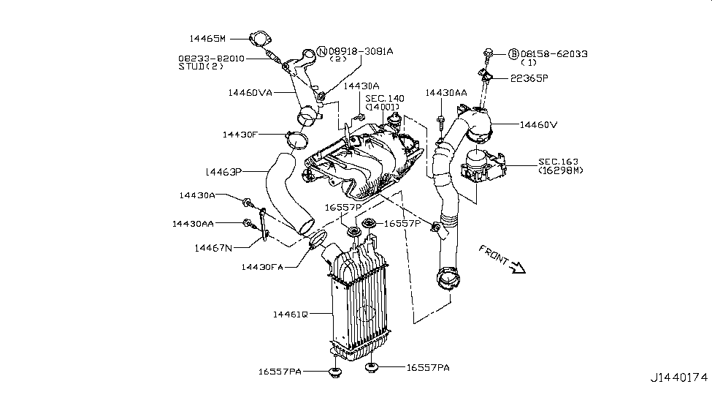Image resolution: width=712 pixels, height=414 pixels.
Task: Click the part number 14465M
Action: click(x=207, y=39)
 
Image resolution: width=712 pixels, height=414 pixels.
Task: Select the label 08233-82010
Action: click(x=211, y=59)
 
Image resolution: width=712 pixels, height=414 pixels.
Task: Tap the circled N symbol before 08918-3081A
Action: click(x=321, y=51)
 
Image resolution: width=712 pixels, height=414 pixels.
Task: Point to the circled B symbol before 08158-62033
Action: click(x=513, y=54)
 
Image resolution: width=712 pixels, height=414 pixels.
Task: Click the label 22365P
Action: click(x=529, y=78)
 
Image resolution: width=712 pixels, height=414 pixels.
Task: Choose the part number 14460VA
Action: click(x=250, y=93)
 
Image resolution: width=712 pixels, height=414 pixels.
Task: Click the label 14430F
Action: click(x=240, y=135)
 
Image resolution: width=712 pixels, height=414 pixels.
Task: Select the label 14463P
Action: click(x=223, y=172)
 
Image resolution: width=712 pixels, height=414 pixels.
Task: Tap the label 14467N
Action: click(x=213, y=248)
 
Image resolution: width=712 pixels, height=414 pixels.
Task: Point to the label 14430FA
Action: click(x=262, y=267)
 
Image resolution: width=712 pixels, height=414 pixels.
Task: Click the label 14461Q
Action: click(x=290, y=315)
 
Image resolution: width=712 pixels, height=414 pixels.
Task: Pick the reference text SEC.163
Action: click(x=559, y=162)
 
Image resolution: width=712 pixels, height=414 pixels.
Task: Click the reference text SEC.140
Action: click(x=385, y=99)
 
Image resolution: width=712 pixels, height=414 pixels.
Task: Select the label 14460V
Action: click(x=538, y=124)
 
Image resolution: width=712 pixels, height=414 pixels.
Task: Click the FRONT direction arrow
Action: click(x=517, y=268)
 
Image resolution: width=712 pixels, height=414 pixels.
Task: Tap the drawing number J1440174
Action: click(x=679, y=377)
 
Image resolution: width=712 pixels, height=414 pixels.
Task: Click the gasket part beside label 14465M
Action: click(x=259, y=39)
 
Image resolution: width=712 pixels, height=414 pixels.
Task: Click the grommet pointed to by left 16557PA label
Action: click(x=335, y=373)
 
